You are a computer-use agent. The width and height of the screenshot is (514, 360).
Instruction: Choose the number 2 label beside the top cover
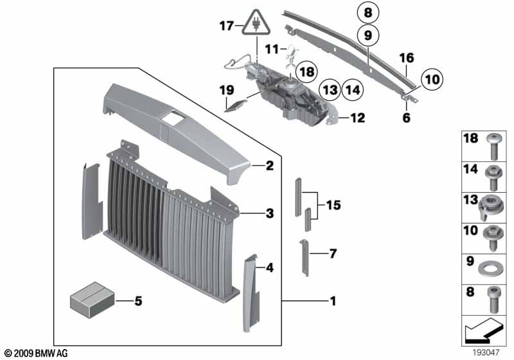270,166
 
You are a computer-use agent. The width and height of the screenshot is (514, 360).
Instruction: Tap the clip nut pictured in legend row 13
492,204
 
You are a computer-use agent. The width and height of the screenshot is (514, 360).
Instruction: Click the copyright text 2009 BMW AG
35,354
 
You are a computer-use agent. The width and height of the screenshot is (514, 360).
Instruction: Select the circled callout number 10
432,79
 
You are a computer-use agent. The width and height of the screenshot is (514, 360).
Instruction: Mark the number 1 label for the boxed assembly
332,300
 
